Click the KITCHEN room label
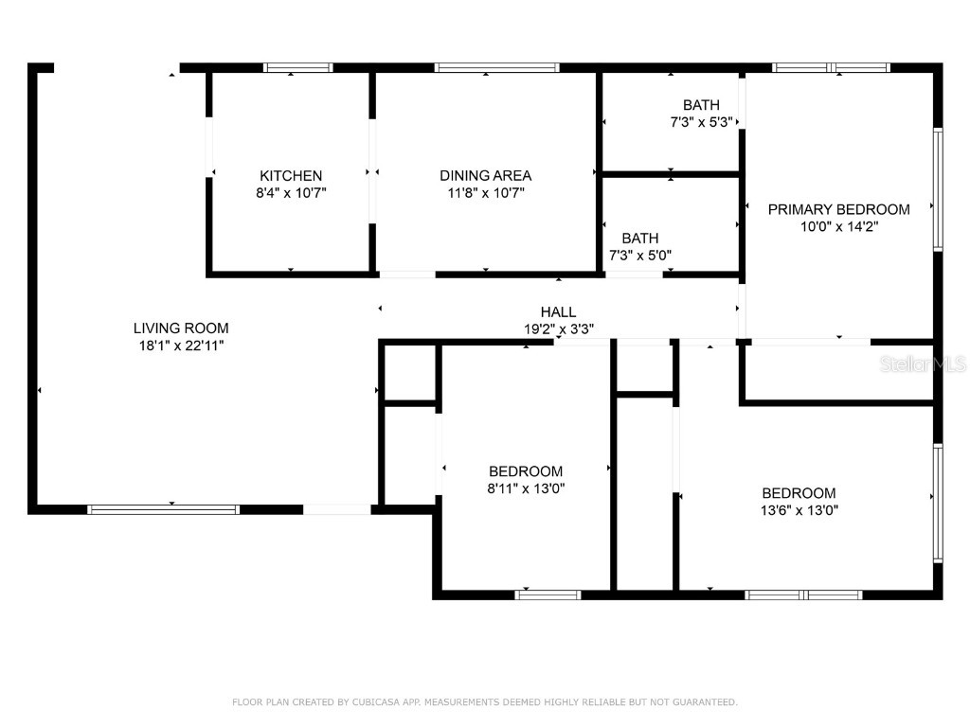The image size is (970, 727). pos(291,176)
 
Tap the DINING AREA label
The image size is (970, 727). pos(485,176)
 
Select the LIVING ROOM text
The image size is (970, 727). pos(181,328)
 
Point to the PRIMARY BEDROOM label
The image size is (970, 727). pos(838,210)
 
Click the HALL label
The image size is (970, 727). pos(558,312)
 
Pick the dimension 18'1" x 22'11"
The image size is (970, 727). pos(181,346)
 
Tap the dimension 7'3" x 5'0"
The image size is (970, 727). pos(640,255)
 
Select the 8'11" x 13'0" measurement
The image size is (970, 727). pos(526,488)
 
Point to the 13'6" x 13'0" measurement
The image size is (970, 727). pos(799,510)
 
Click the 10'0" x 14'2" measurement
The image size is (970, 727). pos(838,227)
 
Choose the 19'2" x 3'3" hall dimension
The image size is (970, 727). pos(558,329)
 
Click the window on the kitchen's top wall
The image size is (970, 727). pos(297,68)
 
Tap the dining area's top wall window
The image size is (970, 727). pos(496,68)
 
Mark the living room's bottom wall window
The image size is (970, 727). pos(163,509)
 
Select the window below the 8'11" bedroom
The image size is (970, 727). pos(548,595)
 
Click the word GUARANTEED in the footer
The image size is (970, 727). pos(706,702)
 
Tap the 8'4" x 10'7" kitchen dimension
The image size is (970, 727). pos(291,193)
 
